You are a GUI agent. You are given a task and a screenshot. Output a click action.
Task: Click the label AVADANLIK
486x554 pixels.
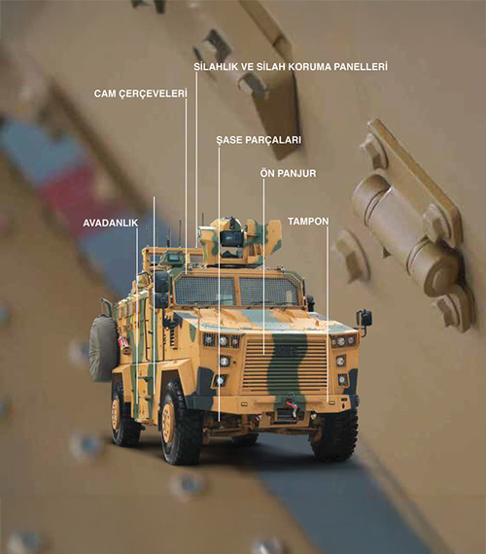tap(110, 224)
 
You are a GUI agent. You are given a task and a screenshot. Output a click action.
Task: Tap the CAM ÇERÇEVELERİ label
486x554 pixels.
tap(140, 94)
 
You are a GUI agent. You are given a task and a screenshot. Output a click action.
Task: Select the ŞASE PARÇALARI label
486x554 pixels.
tap(259, 140)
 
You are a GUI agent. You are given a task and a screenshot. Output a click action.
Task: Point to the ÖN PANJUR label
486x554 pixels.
tap(288, 173)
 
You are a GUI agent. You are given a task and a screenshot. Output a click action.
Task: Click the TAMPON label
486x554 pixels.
tap(308, 222)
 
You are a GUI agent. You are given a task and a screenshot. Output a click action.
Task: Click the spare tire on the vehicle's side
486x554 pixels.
tap(102, 349)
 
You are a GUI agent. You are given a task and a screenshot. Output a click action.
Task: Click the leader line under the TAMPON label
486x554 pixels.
tap(328, 315)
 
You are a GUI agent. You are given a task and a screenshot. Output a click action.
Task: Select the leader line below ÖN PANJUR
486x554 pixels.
tap(263, 266)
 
